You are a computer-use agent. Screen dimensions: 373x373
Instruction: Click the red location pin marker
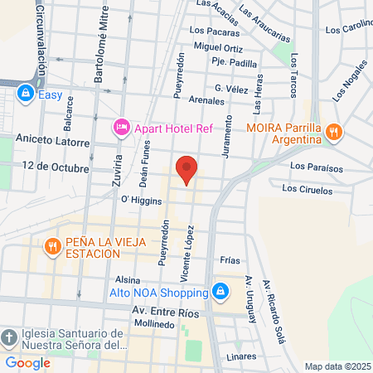(x=187, y=169)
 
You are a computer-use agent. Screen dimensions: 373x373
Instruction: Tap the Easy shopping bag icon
(x=27, y=94)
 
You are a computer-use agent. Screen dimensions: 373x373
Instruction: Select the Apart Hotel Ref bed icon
(x=121, y=127)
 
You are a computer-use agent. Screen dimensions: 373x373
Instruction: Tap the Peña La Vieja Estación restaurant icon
(x=51, y=246)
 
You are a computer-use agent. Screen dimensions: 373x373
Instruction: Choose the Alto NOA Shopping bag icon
(x=220, y=292)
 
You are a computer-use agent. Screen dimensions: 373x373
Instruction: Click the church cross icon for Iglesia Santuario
(x=8, y=338)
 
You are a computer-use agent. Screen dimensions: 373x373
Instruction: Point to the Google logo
(x=28, y=362)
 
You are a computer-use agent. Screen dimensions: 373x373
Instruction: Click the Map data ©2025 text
(x=337, y=366)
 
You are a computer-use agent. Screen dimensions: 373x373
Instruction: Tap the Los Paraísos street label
(x=316, y=166)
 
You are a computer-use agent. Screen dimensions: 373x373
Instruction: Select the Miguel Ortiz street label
(x=217, y=47)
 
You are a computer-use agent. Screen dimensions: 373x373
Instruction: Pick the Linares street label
(x=241, y=356)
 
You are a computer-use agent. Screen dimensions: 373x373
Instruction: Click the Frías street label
(x=230, y=259)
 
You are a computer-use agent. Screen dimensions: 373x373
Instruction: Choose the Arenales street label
(x=207, y=100)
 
